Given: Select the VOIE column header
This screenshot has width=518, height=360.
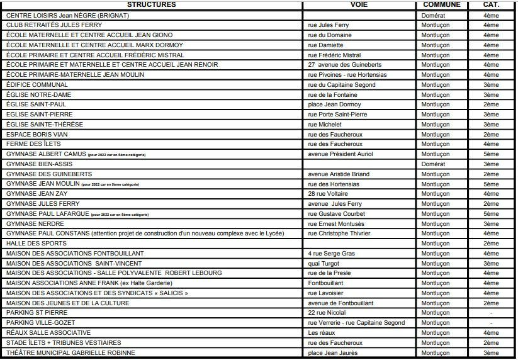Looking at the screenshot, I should (x=359, y=5).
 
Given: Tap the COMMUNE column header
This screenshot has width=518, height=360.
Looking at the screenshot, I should (x=442, y=5).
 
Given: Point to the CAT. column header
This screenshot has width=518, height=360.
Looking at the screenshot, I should (x=491, y=5).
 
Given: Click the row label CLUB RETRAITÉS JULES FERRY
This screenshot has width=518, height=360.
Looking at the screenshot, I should (x=53, y=25).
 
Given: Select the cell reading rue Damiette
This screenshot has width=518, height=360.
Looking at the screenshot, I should (x=326, y=45).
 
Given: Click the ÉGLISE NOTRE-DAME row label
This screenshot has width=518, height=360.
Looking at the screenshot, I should (x=36, y=94).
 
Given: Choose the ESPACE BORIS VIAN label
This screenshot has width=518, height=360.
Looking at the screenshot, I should (x=37, y=134).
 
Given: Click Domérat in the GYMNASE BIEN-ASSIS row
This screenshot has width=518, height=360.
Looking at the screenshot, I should (x=433, y=164).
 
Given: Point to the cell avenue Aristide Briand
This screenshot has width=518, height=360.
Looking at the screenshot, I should (x=337, y=174).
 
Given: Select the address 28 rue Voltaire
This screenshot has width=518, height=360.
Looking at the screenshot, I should (x=328, y=194).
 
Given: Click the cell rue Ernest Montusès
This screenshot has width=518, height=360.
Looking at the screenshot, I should (x=336, y=223).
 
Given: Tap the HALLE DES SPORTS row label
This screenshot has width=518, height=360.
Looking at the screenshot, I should (x=36, y=243).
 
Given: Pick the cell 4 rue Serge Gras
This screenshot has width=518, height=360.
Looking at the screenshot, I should (x=332, y=253).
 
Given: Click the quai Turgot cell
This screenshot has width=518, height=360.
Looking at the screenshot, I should (x=324, y=263).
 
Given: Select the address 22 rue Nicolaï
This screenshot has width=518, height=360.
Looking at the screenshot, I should (x=329, y=313).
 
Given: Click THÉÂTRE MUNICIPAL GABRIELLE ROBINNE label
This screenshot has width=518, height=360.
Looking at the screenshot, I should (x=70, y=353).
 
